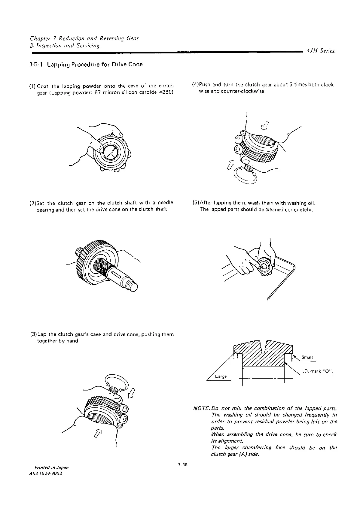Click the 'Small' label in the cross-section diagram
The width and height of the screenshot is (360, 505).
click(x=307, y=357)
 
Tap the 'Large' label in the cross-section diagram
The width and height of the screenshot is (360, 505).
click(x=221, y=376)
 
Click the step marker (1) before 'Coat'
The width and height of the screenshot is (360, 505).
click(x=33, y=86)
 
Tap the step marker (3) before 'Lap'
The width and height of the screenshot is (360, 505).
click(x=33, y=334)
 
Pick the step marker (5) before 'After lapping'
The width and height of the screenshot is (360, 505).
click(x=195, y=203)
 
